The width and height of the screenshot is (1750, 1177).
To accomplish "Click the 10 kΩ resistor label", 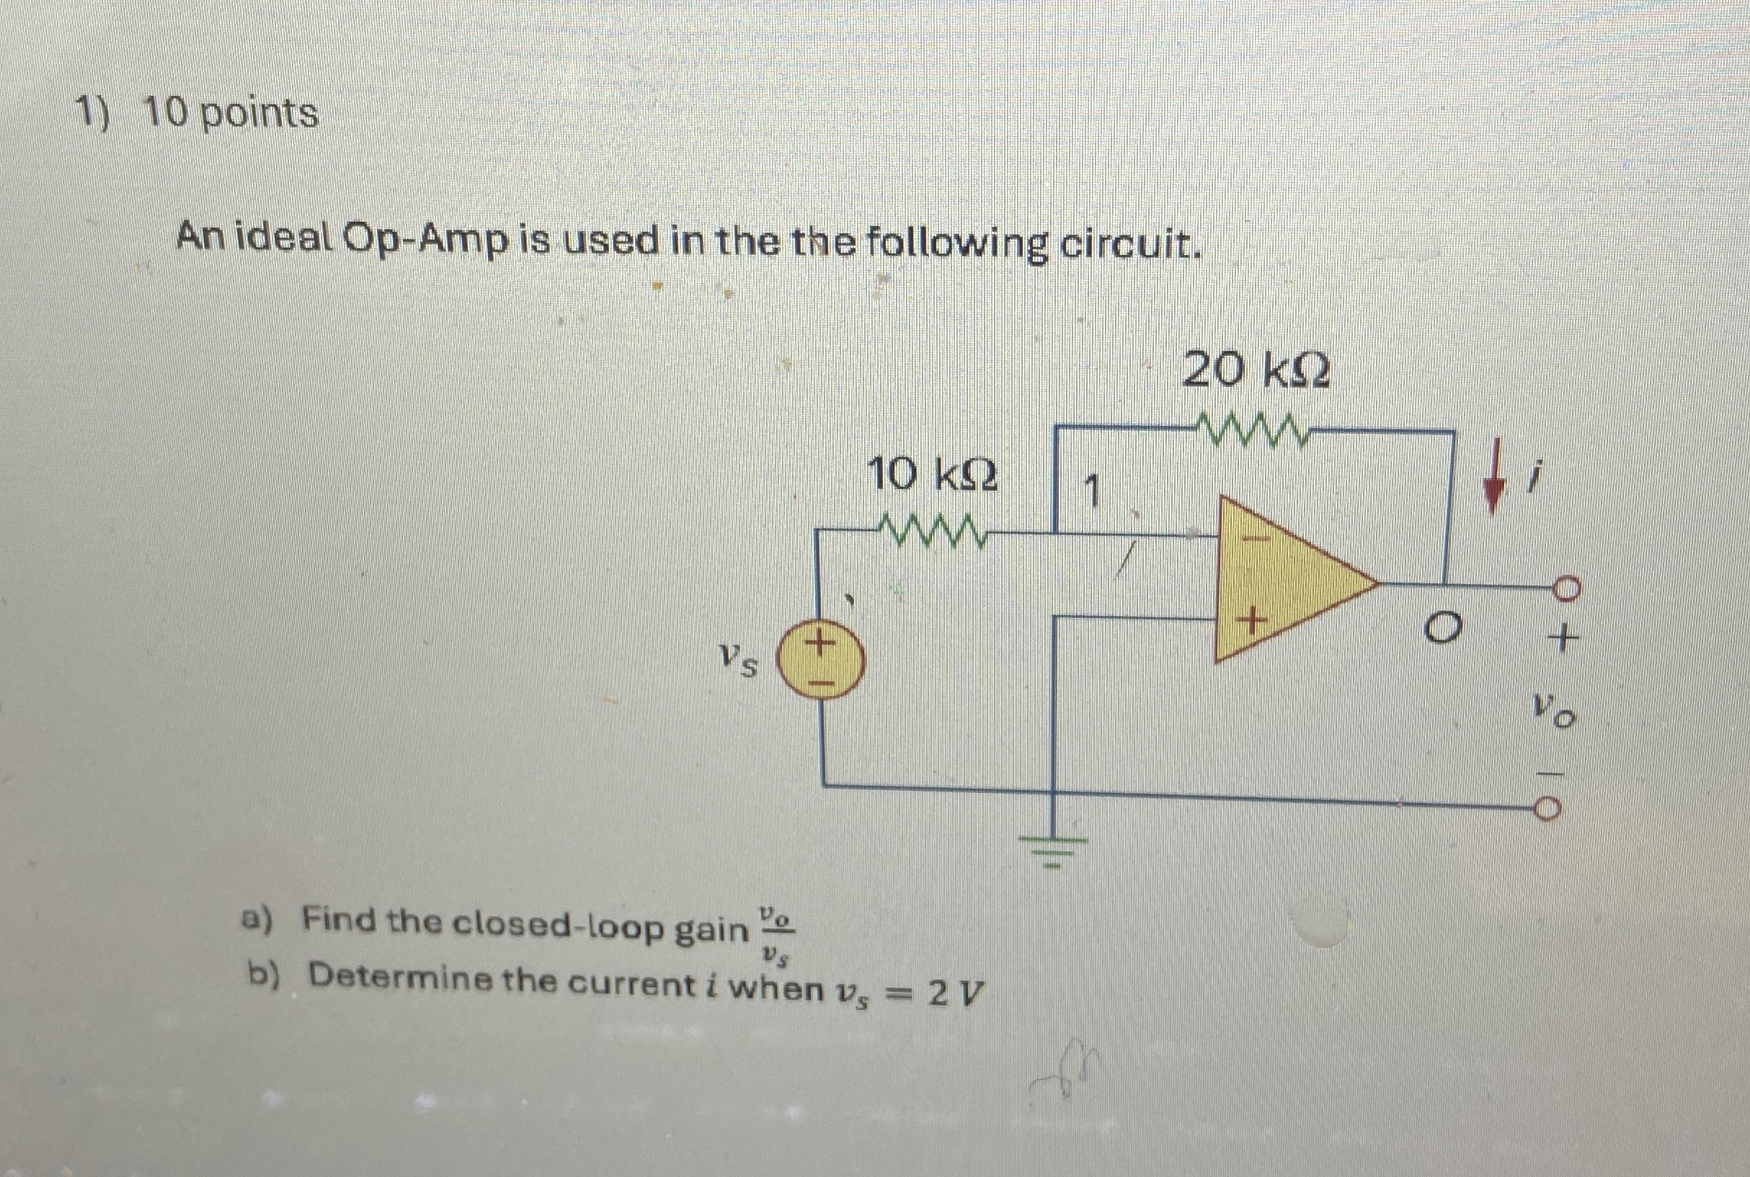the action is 932,475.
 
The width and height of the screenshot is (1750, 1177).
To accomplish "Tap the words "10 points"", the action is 231,115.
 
